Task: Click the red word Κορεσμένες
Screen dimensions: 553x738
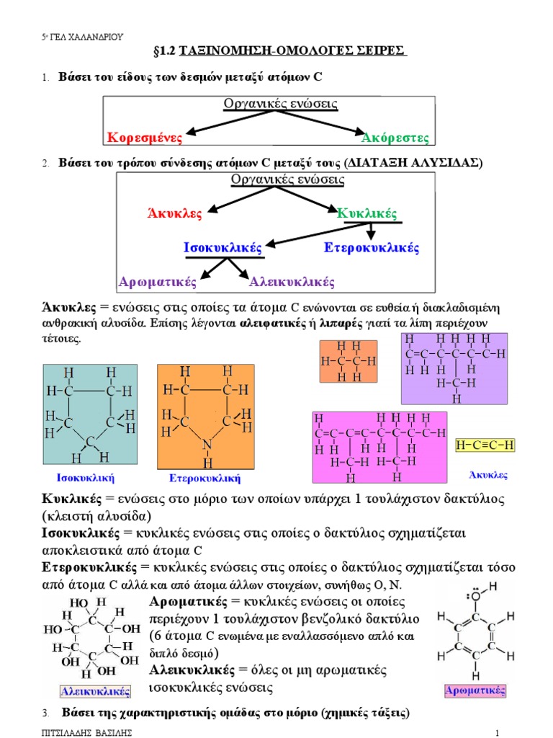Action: click(144, 138)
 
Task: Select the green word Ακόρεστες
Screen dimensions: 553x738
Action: click(395, 138)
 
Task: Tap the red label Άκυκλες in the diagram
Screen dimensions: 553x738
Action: click(174, 213)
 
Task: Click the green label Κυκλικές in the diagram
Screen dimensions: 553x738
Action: click(367, 213)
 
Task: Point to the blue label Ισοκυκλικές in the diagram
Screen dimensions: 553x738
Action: click(222, 248)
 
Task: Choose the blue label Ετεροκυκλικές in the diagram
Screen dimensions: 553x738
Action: click(371, 248)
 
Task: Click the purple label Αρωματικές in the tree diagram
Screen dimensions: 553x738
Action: click(158, 282)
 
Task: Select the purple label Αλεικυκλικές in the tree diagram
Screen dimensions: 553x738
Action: click(292, 282)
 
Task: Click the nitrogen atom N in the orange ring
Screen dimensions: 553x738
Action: click(207, 444)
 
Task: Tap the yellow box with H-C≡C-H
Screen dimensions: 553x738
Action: click(485, 445)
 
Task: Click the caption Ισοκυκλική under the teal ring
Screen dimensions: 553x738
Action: click(85, 478)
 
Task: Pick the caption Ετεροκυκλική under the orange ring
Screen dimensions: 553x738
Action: click(204, 479)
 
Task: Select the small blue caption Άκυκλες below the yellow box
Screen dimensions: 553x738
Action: click(488, 475)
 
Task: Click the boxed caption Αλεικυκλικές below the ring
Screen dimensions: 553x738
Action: click(96, 691)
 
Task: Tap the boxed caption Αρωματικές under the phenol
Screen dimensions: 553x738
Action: click(475, 690)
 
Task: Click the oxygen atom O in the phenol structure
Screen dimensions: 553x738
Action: click(476, 596)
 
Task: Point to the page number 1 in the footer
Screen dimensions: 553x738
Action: click(497, 732)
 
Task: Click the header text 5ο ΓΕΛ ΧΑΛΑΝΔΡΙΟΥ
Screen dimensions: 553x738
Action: click(82, 37)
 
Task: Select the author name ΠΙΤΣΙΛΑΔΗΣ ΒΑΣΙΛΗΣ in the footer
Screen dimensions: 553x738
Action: click(87, 732)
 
